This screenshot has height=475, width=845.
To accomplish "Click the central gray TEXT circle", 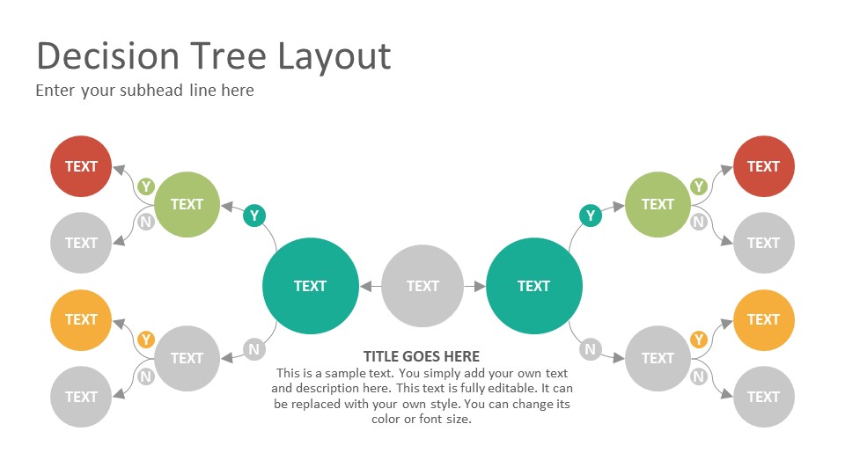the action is point(422,286).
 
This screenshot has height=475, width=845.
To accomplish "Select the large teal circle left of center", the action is point(311,286).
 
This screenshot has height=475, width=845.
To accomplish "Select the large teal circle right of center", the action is point(534,286).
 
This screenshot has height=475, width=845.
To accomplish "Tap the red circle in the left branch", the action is point(81,166).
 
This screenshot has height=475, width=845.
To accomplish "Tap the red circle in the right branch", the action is point(764,166).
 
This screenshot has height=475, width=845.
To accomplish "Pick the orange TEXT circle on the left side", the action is point(81,320).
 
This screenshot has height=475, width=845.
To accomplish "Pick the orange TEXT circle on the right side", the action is point(764,320).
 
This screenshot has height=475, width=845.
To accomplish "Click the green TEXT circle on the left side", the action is point(187,205).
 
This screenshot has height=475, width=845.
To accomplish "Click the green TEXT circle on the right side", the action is point(658,205).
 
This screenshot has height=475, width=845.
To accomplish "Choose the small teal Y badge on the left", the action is point(254,216).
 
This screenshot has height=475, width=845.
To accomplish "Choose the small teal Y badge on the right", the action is point(591,216).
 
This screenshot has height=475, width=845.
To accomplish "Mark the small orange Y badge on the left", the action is point(146,340).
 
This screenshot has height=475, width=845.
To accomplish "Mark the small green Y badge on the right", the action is point(699,186).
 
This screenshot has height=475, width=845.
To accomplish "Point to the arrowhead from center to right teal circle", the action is point(480,287).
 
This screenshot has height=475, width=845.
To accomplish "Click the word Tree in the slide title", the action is point(229,56).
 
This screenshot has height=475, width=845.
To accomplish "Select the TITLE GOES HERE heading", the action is point(422,356).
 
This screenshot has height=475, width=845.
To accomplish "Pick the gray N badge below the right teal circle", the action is point(591,349).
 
